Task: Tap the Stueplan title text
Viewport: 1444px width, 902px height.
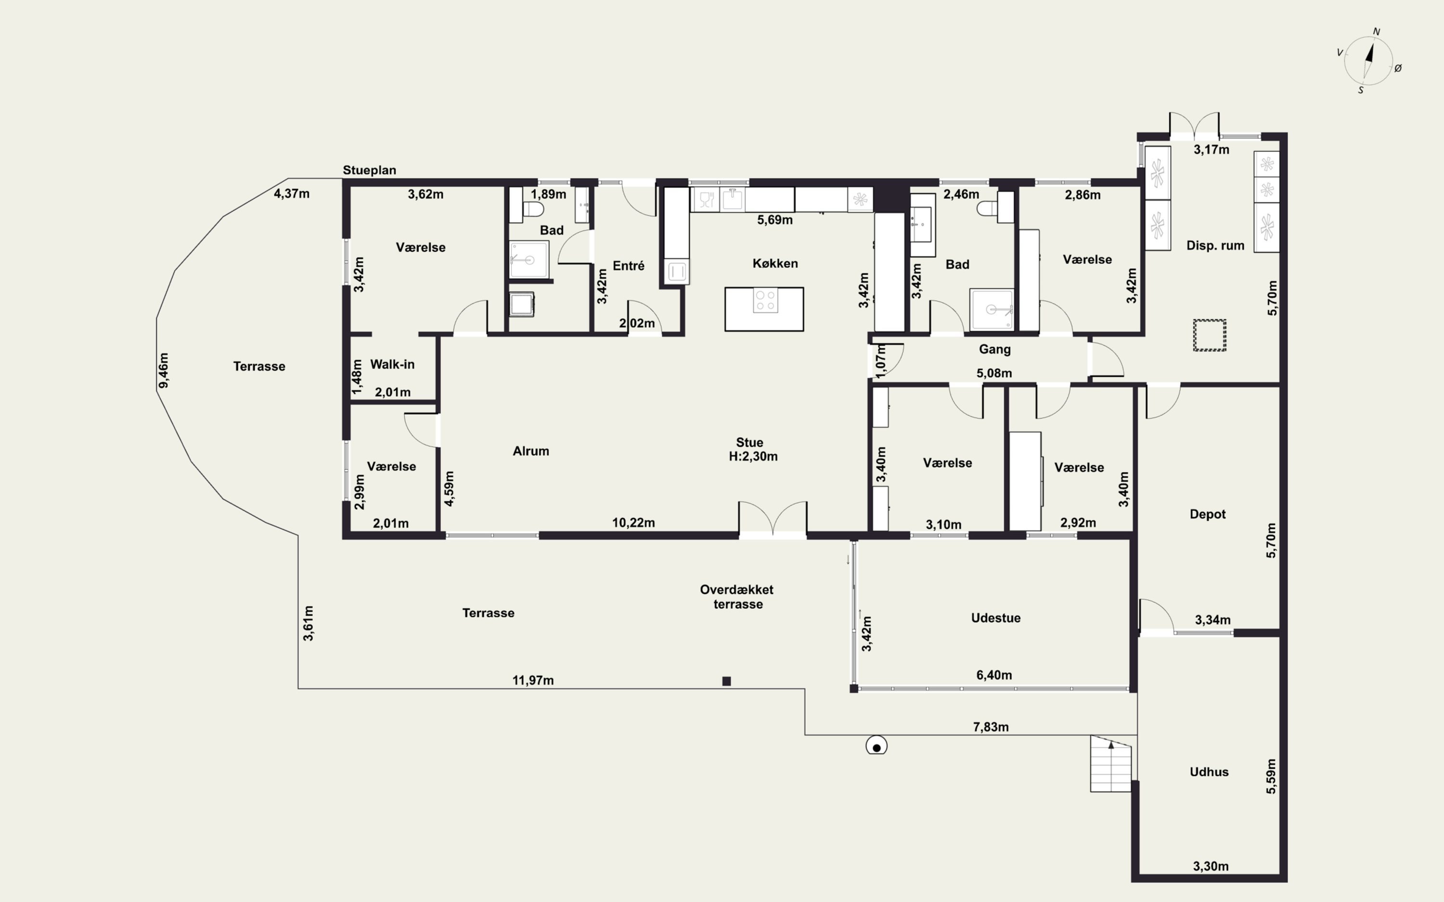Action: click(x=369, y=170)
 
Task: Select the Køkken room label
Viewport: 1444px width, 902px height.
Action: click(x=775, y=263)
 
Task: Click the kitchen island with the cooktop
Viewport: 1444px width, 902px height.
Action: click(x=764, y=309)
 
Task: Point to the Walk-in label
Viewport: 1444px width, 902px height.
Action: click(x=392, y=364)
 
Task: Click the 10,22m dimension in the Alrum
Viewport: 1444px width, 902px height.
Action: click(x=633, y=523)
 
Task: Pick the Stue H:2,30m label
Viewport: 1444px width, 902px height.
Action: click(x=752, y=449)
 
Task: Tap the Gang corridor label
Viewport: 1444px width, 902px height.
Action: click(x=994, y=350)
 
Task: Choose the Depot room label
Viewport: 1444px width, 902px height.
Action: click(x=1207, y=514)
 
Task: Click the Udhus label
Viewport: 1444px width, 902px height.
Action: click(x=1209, y=772)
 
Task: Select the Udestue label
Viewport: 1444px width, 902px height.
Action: click(x=996, y=618)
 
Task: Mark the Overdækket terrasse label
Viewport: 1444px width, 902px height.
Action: click(x=737, y=597)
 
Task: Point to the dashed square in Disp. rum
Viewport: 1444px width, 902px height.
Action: click(x=1210, y=335)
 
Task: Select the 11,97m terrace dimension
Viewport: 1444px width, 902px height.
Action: click(x=533, y=680)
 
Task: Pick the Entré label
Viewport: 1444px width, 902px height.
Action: click(x=629, y=265)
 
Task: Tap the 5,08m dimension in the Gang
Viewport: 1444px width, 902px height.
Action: click(x=994, y=373)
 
